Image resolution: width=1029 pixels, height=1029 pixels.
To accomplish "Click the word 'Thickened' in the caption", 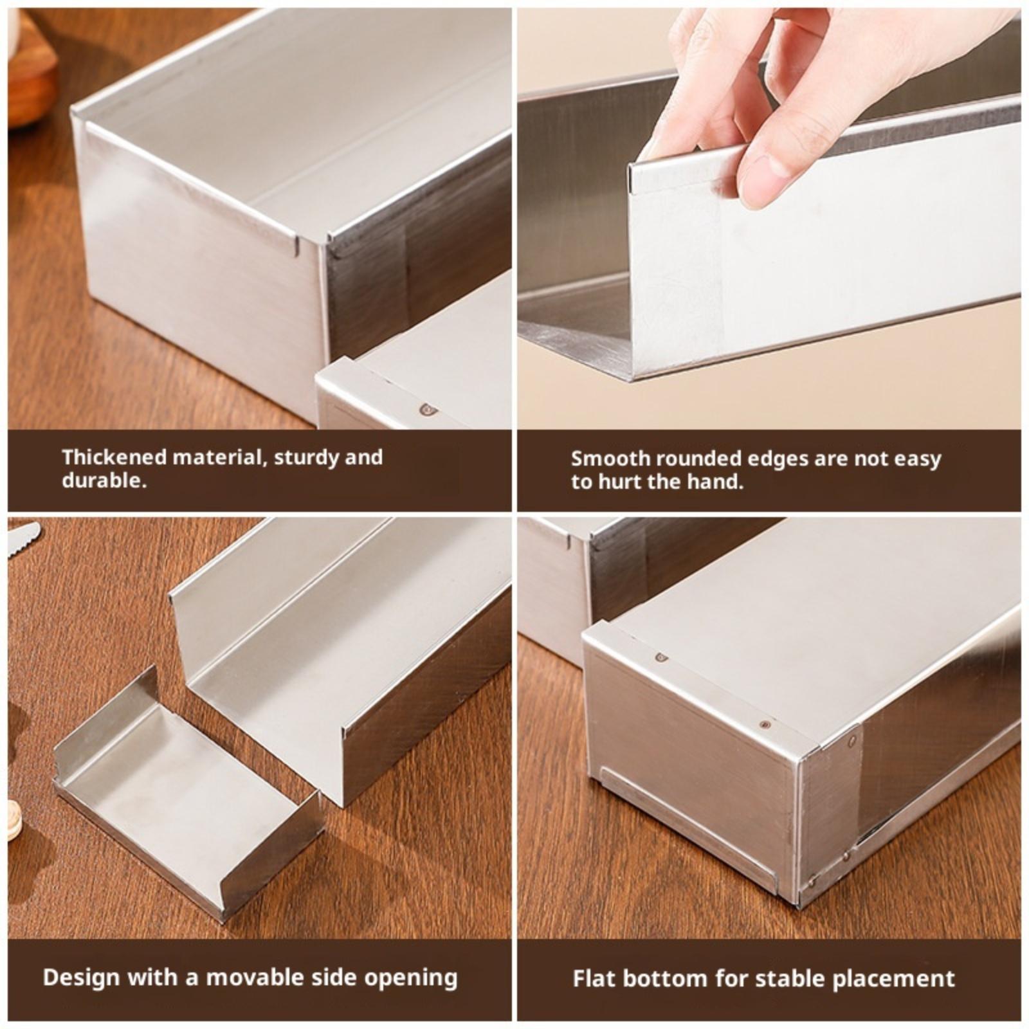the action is coord(114,457).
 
